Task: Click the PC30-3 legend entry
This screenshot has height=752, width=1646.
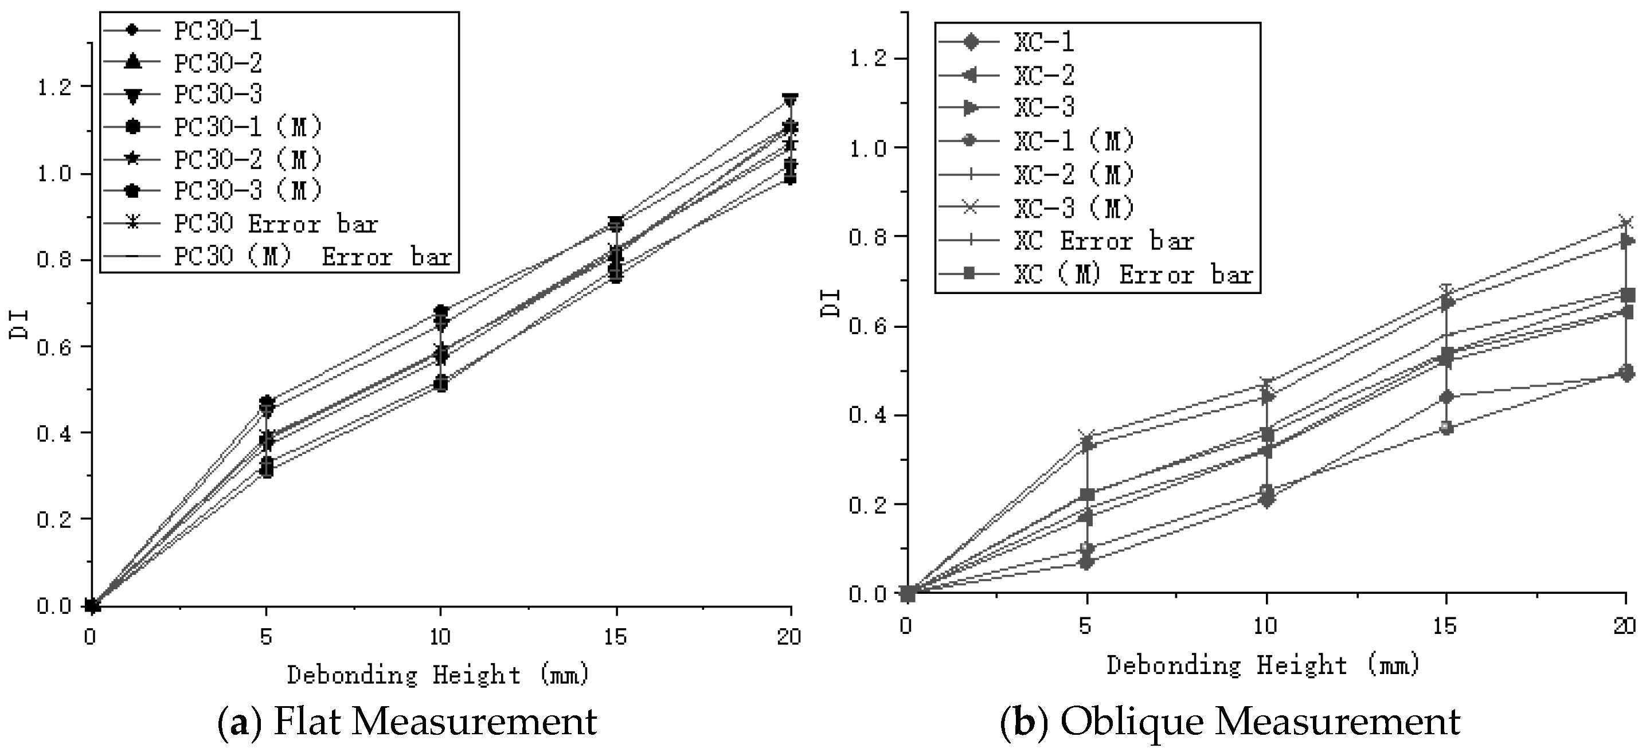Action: (x=217, y=95)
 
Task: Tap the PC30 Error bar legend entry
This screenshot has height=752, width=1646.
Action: (x=275, y=224)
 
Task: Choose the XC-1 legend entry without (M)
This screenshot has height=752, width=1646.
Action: (x=1043, y=42)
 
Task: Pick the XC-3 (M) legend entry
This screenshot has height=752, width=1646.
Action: (x=1073, y=207)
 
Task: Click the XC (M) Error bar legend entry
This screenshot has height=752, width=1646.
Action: (x=1132, y=274)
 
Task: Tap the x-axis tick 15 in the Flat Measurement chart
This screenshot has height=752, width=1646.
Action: (x=615, y=637)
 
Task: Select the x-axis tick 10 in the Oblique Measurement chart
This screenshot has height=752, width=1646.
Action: (x=1265, y=625)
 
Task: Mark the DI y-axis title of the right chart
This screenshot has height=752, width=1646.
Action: (x=831, y=303)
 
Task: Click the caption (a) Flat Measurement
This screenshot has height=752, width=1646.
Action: (x=407, y=721)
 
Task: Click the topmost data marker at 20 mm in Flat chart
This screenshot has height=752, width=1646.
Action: (x=791, y=99)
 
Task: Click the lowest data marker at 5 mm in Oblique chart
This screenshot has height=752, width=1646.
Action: (x=1086, y=563)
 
